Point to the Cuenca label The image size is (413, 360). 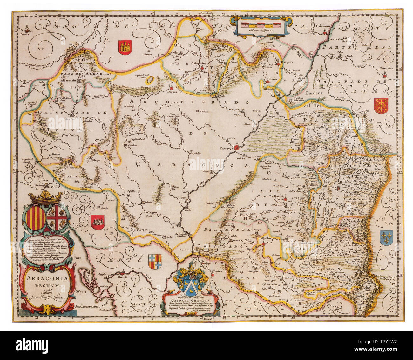click(x=25, y=32)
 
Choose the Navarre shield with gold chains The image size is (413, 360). click(x=381, y=106)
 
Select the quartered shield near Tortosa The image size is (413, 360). click(x=155, y=262)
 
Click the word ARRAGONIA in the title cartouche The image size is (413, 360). click(x=47, y=278)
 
